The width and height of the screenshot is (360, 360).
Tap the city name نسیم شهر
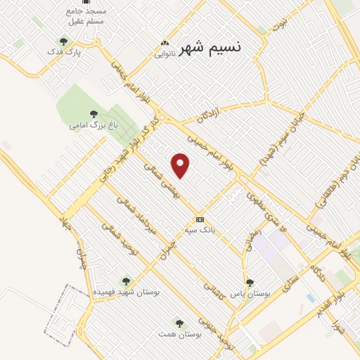pos(211,48)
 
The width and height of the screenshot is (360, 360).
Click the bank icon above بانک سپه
pos(200,219)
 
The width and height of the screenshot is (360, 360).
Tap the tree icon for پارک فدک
pos(65,41)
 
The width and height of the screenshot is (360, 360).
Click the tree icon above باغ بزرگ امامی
pos(94,113)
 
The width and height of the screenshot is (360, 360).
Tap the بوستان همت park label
pos(180,333)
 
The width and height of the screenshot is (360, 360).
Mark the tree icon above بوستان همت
pos(180,323)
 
